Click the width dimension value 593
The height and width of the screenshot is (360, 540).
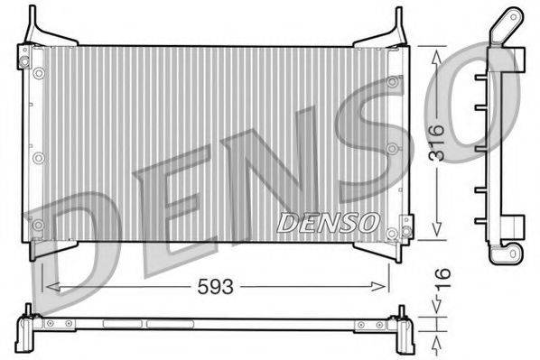(217, 288)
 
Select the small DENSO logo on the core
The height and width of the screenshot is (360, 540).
(327, 220)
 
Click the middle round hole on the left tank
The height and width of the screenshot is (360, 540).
(38, 158)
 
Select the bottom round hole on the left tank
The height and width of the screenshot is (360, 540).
(38, 225)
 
